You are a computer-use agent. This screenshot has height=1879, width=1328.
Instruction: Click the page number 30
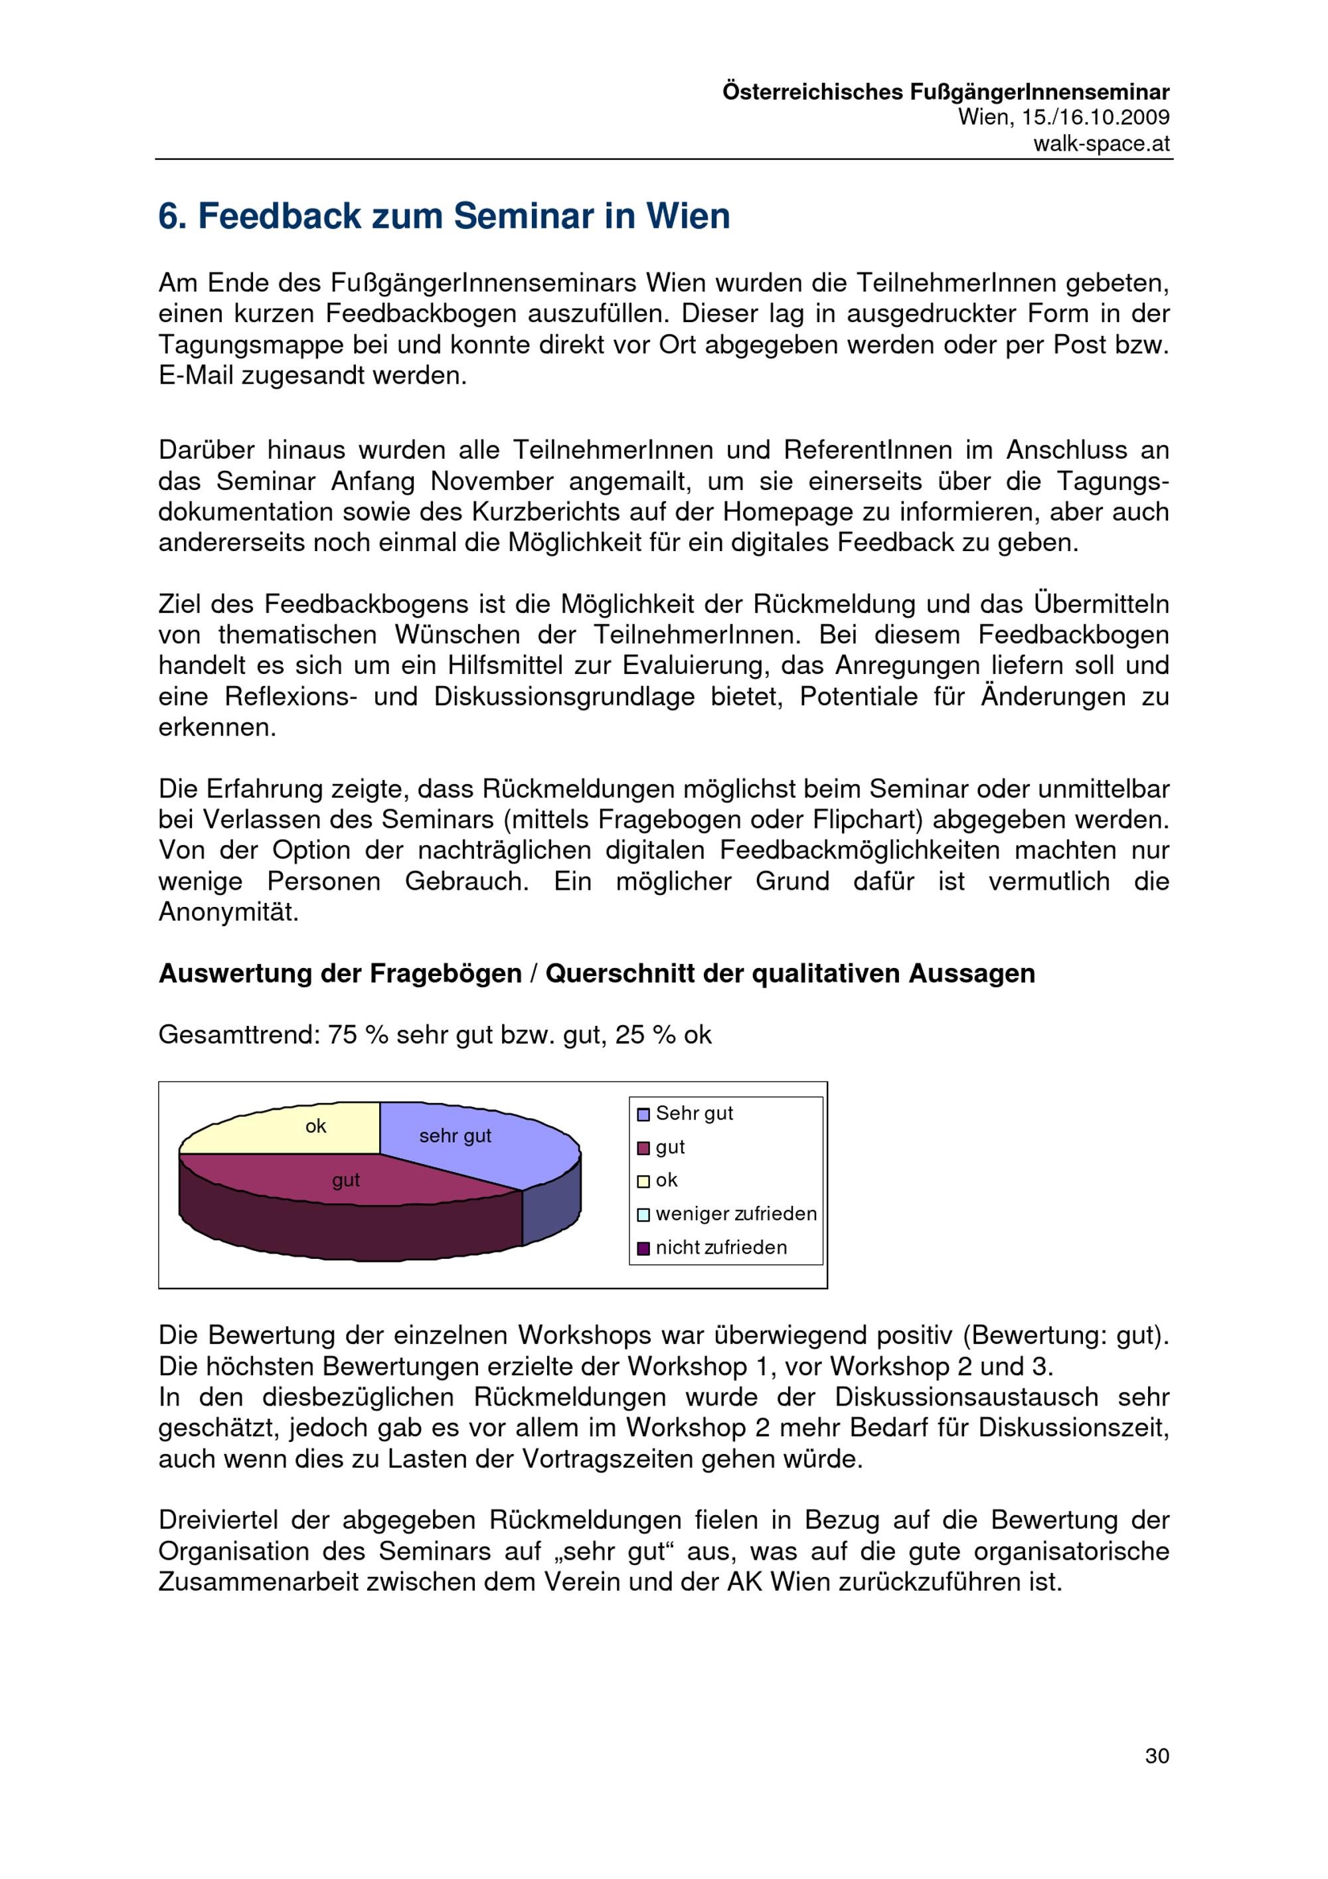point(1156,1756)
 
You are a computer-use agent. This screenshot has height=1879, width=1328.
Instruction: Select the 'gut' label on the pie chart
point(345,1180)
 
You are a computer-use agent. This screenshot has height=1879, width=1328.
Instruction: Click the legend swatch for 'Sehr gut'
point(643,1115)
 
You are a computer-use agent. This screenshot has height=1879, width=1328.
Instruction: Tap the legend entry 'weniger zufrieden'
point(736,1214)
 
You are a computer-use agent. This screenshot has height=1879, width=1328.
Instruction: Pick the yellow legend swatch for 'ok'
point(643,1181)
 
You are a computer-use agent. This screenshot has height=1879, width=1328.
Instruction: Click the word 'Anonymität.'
point(228,912)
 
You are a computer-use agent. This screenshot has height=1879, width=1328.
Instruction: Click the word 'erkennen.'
point(217,728)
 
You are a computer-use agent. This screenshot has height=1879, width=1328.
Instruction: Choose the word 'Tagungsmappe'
point(250,345)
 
